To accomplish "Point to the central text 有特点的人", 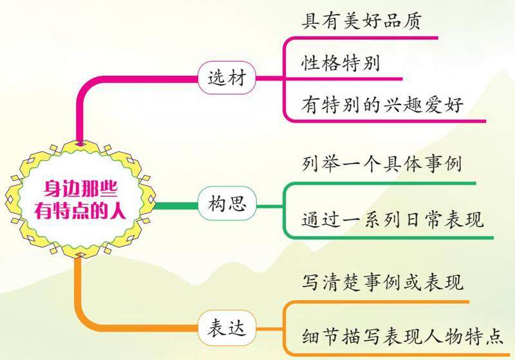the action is (x=81, y=209).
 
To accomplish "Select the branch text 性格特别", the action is (x=340, y=64).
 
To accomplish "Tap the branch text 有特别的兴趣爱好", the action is (x=382, y=104).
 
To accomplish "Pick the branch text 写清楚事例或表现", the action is (x=382, y=282).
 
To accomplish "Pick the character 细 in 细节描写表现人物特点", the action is (x=310, y=337).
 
